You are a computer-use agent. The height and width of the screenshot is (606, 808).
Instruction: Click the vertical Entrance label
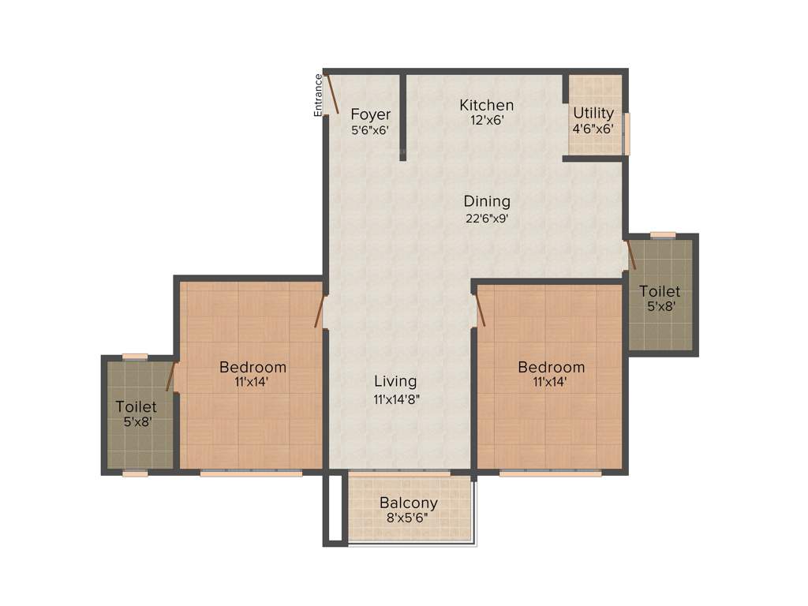pos(319,95)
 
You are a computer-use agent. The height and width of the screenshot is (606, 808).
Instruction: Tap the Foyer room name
pos(371,114)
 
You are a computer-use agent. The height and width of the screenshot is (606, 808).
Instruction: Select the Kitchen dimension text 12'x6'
pos(487,120)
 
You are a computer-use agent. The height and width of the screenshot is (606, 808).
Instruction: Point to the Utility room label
pos(593,113)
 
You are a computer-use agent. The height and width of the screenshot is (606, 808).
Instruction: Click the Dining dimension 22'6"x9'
pos(487,219)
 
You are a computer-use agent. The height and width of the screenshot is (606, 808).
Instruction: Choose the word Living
pos(395,382)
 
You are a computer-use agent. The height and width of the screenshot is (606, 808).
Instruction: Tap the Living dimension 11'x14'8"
pos(395,399)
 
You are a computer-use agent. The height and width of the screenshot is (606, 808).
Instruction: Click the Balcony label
pos(409,503)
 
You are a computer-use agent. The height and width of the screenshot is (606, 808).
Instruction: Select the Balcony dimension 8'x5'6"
pos(409,518)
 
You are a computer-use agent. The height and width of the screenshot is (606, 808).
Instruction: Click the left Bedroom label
pos(252,367)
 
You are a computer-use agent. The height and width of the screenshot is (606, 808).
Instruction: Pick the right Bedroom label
pos(552,367)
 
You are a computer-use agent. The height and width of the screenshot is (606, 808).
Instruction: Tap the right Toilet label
pos(660,291)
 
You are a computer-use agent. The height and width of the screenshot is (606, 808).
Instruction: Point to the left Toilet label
pos(136,407)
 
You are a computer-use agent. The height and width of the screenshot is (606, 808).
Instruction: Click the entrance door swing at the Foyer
pos(333,93)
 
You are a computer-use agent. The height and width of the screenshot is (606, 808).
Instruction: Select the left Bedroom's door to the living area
pos(320,310)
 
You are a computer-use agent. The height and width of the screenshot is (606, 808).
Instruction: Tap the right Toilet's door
pos(631,256)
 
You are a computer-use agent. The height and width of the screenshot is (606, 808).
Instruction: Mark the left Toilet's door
pos(170,377)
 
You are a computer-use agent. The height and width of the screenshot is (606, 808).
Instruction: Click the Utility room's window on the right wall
pos(627,133)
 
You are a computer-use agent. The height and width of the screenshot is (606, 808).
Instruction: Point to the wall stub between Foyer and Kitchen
pos(402,117)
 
